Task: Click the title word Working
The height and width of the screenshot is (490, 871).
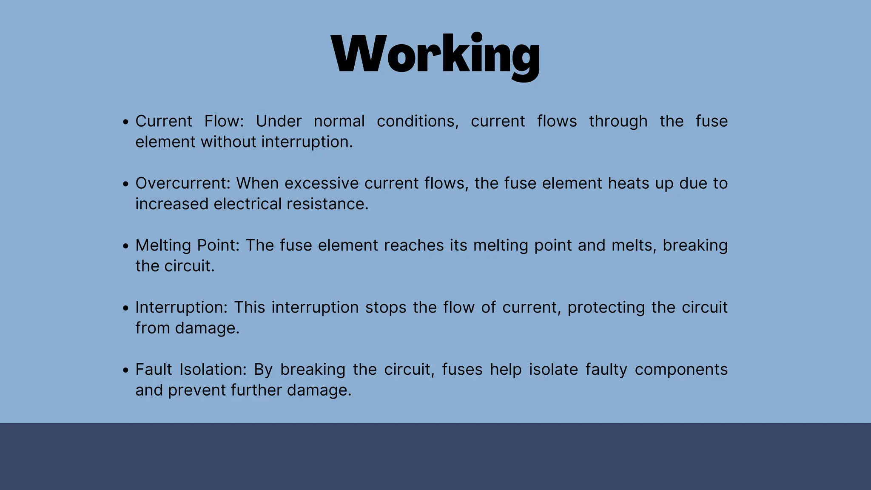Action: coord(435,55)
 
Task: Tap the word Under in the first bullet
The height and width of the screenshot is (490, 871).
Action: coord(279,122)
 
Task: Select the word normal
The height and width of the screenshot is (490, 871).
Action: coord(339,122)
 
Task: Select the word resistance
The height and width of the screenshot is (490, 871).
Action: coord(327,204)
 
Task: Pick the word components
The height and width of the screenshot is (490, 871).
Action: coord(681,370)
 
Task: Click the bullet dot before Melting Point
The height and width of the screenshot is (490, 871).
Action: coord(125,246)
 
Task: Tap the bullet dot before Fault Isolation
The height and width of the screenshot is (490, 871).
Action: coord(125,370)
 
